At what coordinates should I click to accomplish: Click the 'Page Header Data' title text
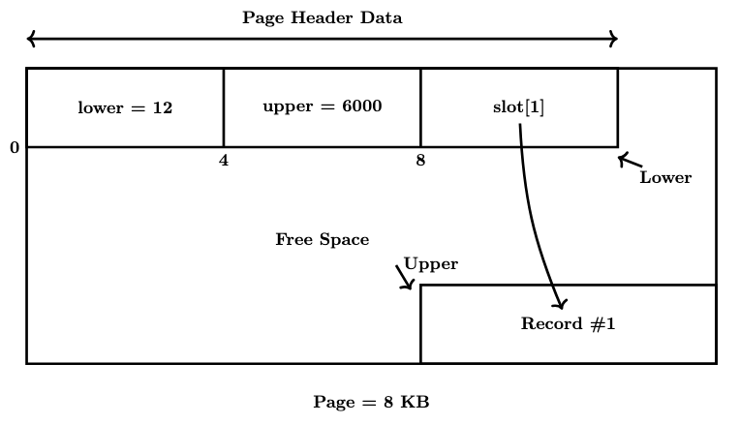click(x=322, y=18)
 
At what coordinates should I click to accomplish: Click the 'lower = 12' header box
click(x=125, y=107)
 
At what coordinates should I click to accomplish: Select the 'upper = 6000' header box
click(x=322, y=106)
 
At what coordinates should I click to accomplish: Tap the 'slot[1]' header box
click(x=518, y=107)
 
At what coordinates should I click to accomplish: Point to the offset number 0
click(x=15, y=148)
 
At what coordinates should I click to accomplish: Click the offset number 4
click(x=224, y=161)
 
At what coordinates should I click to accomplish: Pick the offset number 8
click(x=420, y=161)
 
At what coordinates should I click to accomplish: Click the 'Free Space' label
click(x=322, y=239)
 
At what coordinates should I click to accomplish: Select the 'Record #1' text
click(x=568, y=324)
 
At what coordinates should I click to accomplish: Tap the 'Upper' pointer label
click(x=430, y=263)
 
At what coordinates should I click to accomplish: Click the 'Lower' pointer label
click(x=665, y=178)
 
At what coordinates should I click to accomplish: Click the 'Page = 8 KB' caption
click(x=371, y=402)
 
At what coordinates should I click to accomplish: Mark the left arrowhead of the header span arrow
click(x=31, y=39)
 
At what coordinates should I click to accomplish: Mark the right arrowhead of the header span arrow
click(x=612, y=39)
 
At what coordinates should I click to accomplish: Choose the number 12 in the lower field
click(x=161, y=107)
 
